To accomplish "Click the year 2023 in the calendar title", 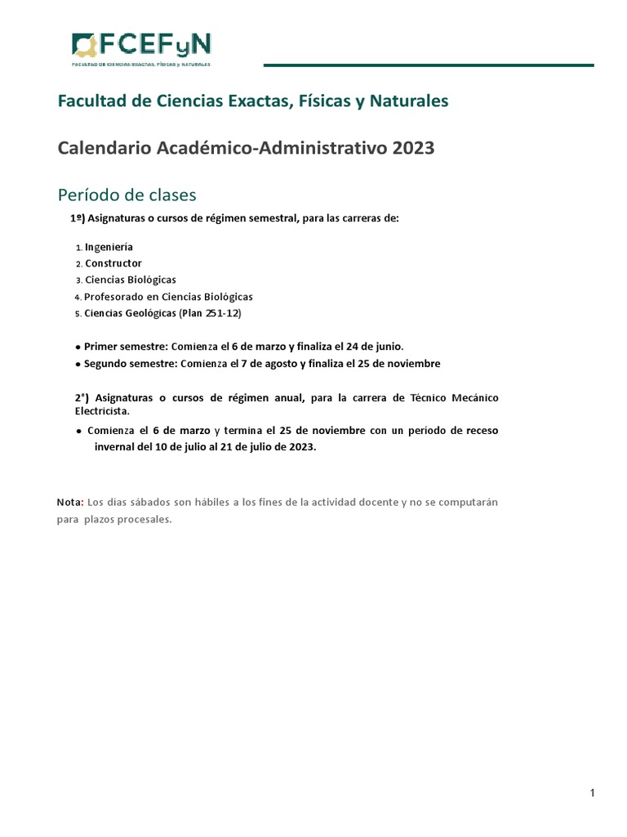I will pyautogui.click(x=413, y=148).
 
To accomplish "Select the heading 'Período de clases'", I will pyautogui.click(x=127, y=195).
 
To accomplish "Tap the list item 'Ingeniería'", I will pyautogui.click(x=109, y=247).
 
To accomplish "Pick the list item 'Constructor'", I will pyautogui.click(x=113, y=263).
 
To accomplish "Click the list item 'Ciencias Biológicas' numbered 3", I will pyautogui.click(x=131, y=280).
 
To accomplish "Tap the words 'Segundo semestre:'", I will pyautogui.click(x=131, y=363).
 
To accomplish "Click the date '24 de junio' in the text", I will pyautogui.click(x=375, y=346).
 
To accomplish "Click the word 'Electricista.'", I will pyautogui.click(x=102, y=412).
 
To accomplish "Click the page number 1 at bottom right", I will pyautogui.click(x=592, y=794).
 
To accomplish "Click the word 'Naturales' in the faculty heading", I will pyautogui.click(x=409, y=101).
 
